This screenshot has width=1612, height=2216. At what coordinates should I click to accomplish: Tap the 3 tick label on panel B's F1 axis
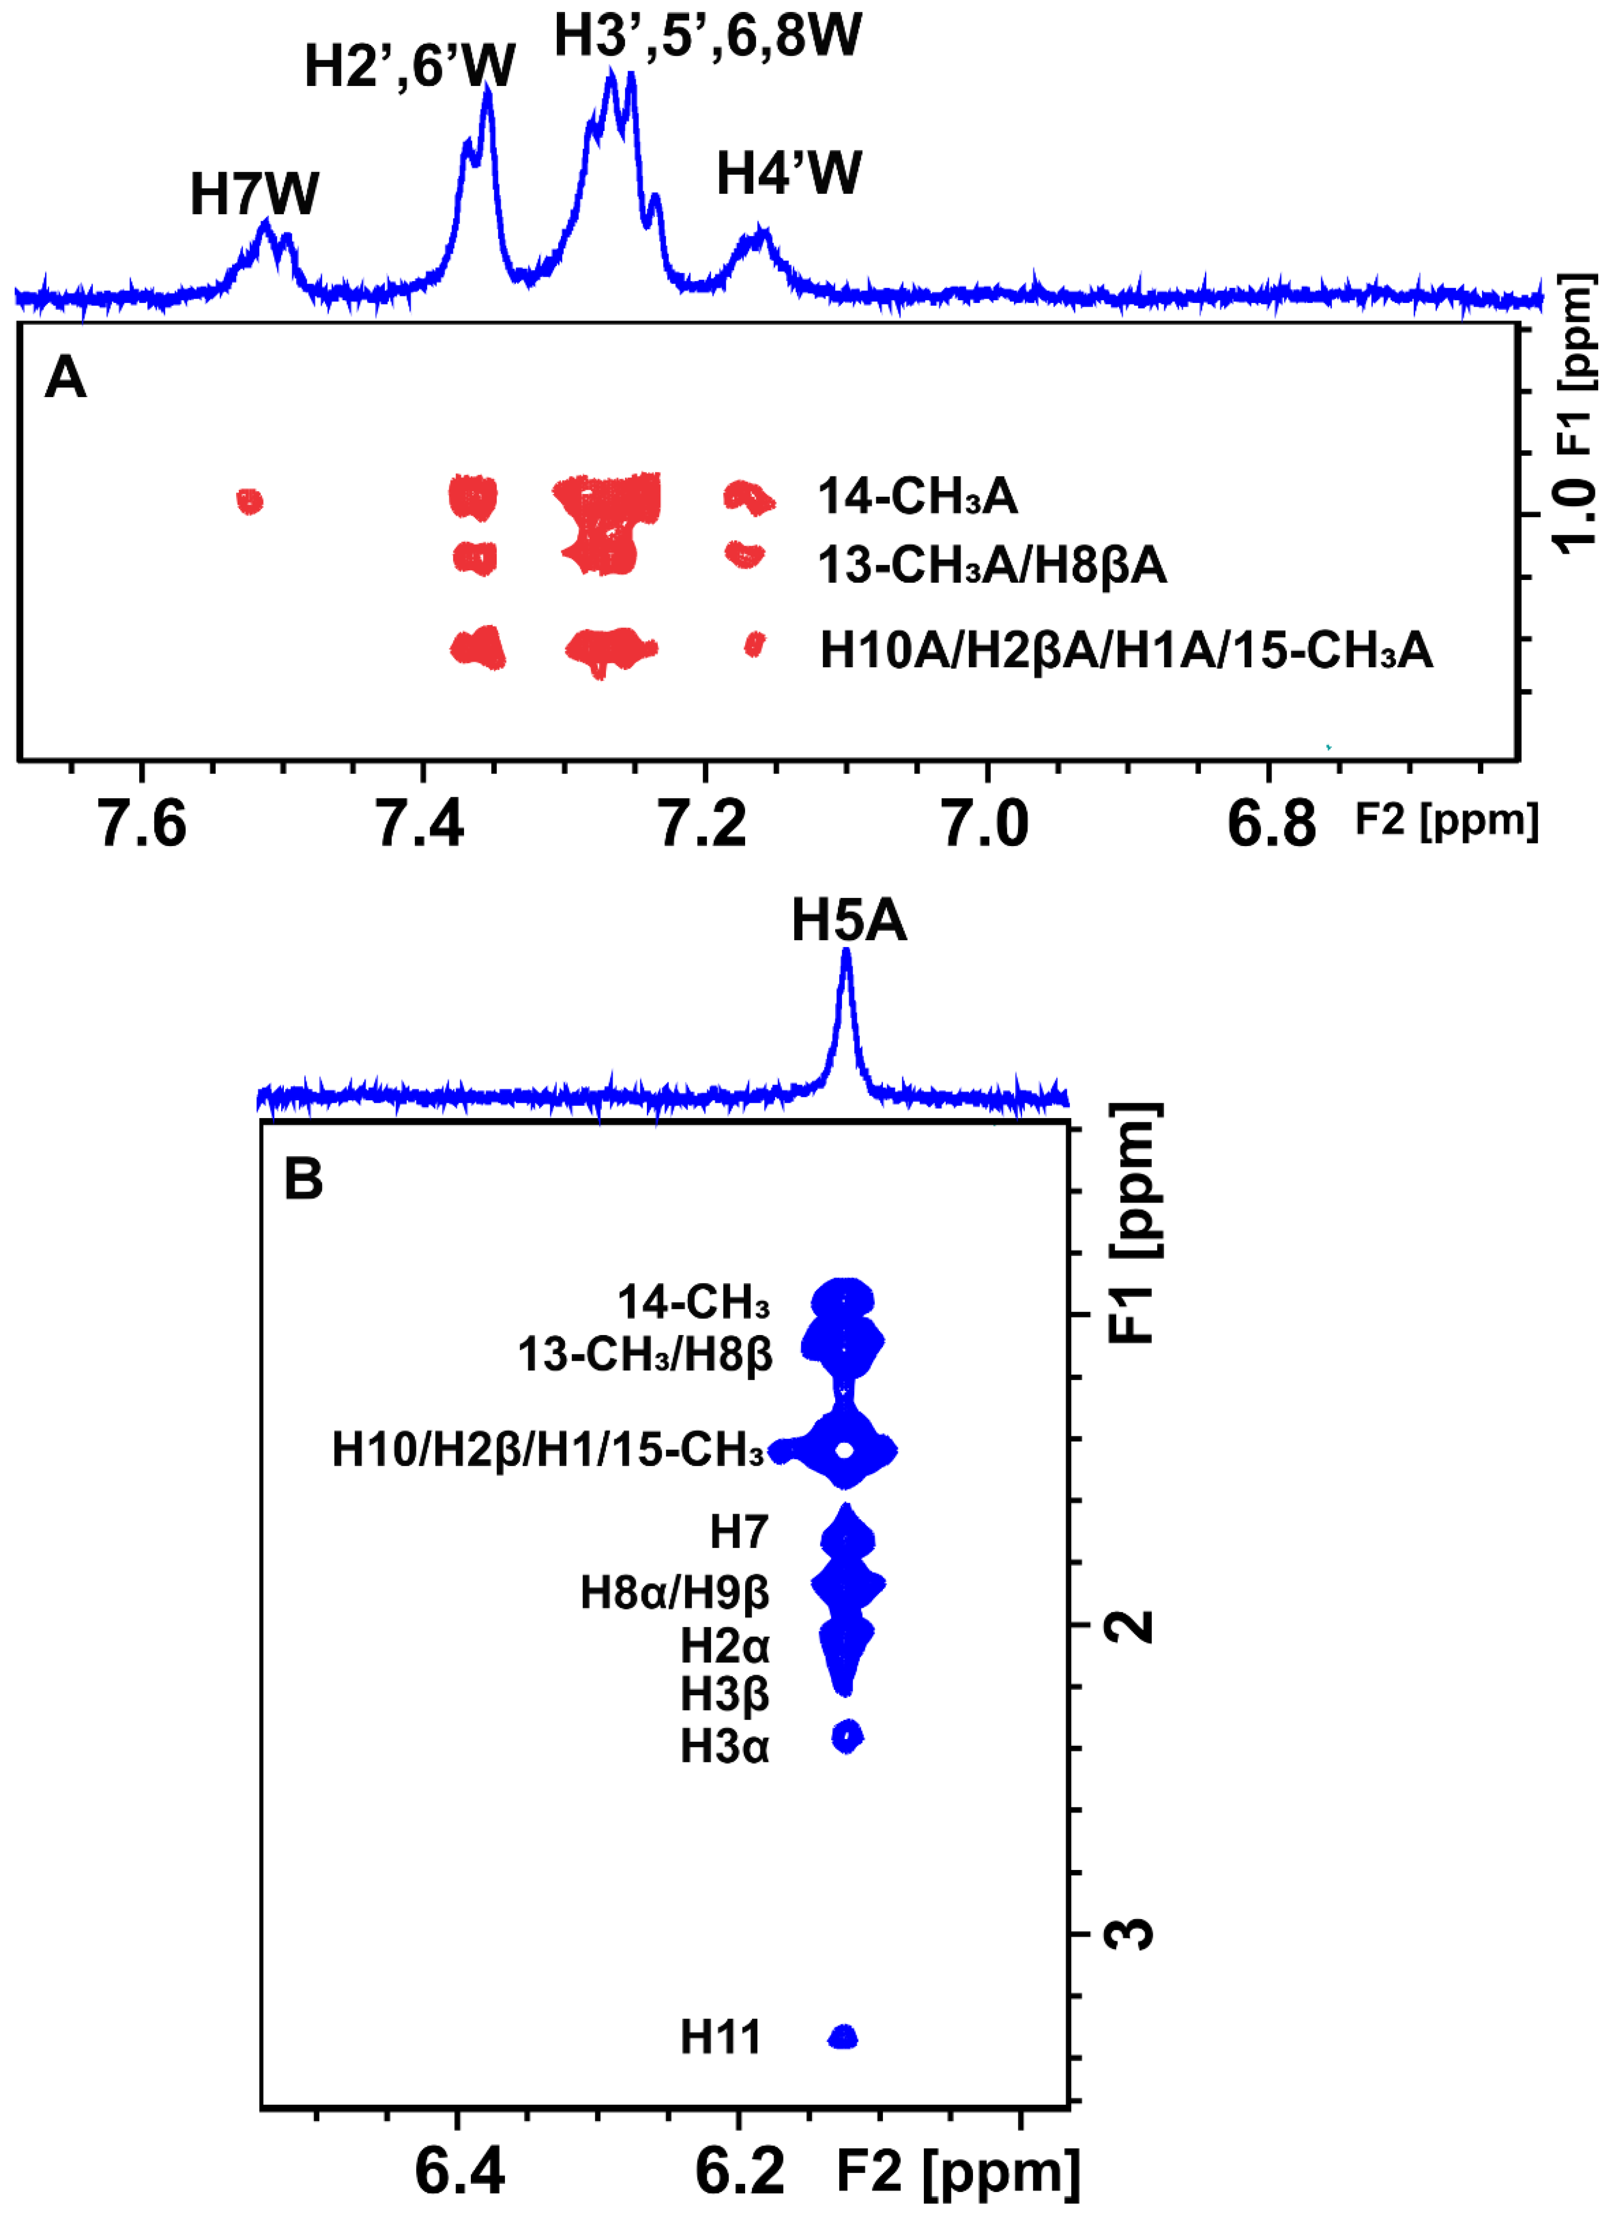(x=1131, y=1932)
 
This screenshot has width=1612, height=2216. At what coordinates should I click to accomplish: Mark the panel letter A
(x=65, y=377)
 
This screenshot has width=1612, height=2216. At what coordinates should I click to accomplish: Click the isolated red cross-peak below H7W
(x=250, y=501)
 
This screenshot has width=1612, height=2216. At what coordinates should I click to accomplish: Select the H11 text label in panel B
(x=720, y=2037)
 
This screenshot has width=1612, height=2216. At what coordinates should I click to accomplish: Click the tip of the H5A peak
(x=846, y=952)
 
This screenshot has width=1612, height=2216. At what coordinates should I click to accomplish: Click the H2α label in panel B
(x=724, y=1646)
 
